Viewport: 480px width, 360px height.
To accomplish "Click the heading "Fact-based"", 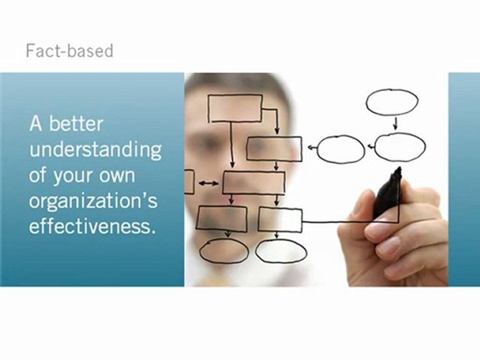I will click(x=69, y=51).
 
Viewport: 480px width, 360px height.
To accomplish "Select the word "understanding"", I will click(x=95, y=150).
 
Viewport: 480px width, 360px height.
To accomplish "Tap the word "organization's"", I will click(x=93, y=201).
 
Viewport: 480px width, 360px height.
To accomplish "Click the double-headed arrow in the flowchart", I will click(x=208, y=183).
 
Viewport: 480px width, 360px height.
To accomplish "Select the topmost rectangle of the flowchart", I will click(x=235, y=108).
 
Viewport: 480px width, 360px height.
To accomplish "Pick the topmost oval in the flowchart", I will click(x=392, y=102).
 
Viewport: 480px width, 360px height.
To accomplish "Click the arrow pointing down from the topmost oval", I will click(x=395, y=123).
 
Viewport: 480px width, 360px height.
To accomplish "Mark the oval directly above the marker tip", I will click(x=400, y=147).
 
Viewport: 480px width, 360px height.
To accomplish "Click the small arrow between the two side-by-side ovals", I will click(x=370, y=147).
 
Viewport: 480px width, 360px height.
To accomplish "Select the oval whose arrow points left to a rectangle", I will click(x=341, y=149).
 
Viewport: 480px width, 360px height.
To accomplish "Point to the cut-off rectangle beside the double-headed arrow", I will click(x=189, y=181).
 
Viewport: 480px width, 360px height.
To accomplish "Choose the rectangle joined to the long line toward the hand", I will click(x=280, y=220).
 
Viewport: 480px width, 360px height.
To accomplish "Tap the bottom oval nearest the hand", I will click(x=281, y=251).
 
